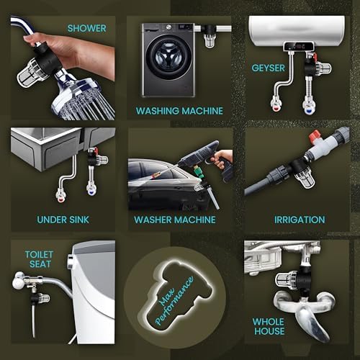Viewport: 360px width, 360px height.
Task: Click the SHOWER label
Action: [x=86, y=28]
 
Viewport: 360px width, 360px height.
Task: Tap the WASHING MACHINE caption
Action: [x=179, y=111]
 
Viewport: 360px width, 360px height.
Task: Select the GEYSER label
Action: [x=269, y=68]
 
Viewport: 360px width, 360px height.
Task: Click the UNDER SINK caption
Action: [x=63, y=220]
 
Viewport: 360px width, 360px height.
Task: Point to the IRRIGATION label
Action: [x=300, y=220]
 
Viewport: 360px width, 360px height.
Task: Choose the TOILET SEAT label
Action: [x=40, y=259]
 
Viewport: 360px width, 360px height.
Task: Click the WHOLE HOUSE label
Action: [x=269, y=326]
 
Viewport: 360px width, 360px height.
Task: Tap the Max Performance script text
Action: [x=174, y=301]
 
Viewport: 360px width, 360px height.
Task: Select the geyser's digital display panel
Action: [x=299, y=46]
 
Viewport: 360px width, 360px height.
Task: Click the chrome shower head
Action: [x=83, y=99]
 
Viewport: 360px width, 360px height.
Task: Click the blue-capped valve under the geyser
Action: [x=307, y=104]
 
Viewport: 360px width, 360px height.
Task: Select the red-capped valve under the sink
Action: [x=60, y=195]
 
